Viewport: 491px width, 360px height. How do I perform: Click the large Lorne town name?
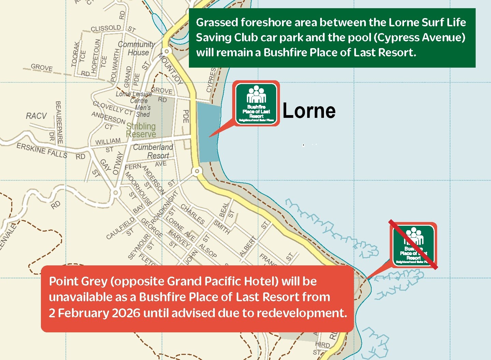[x=309, y=111]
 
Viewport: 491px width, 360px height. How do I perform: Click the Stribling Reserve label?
[x=141, y=130]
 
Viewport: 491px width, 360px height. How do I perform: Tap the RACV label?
[x=36, y=116]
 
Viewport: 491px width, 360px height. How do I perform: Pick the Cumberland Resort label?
[x=153, y=151]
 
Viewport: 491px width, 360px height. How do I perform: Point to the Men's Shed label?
[x=143, y=111]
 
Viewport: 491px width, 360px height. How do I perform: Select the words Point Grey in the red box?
[x=78, y=281]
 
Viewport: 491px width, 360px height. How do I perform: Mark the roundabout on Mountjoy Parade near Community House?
[x=166, y=51]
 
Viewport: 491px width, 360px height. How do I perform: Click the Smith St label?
[x=222, y=227]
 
